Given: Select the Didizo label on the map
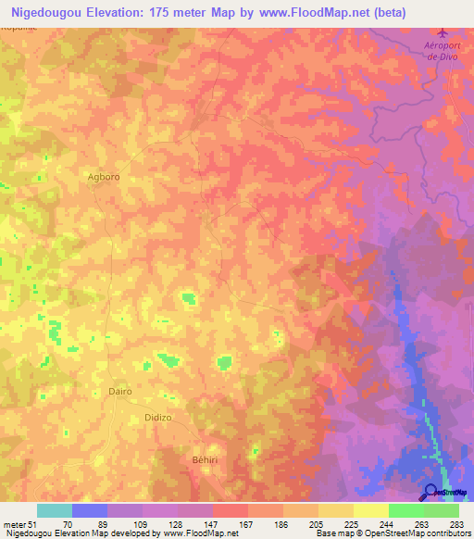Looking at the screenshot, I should click(159, 419).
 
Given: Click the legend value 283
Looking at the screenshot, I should click(455, 523).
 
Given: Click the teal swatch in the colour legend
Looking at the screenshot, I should click(55, 510).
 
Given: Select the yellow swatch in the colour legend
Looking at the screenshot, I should click(371, 510).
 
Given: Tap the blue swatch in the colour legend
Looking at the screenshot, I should click(90, 510).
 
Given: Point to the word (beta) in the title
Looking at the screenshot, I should click(386, 12).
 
